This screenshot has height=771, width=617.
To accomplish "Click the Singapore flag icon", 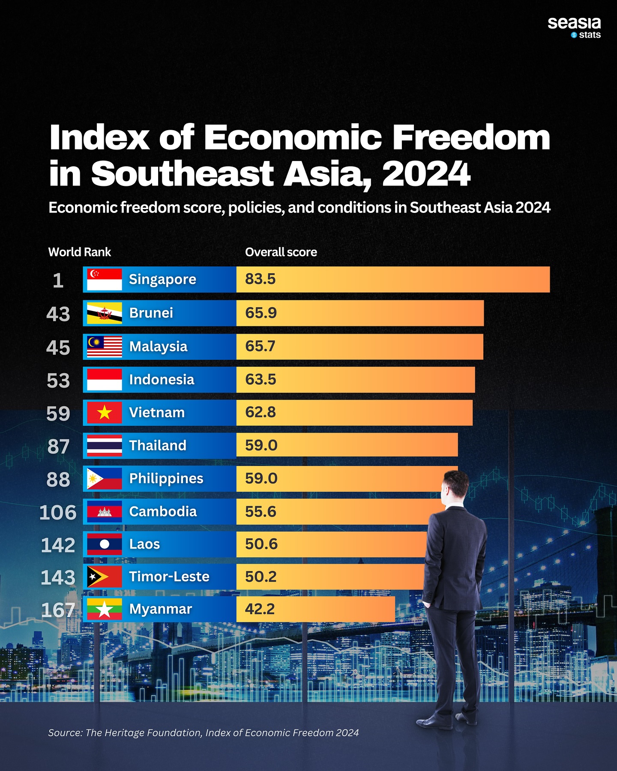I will coord(104,280).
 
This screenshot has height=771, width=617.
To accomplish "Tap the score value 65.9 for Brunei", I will coord(261,313).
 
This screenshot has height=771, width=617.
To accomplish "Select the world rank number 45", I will coord(58,347).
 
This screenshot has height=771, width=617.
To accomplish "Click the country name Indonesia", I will coord(162,380).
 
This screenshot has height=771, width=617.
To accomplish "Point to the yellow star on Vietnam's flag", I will coord(104,413).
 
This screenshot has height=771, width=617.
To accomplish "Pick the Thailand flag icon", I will coord(104,445).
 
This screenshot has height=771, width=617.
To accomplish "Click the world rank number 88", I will coord(58,479).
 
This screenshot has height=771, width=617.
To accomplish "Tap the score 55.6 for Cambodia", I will coord(261,511).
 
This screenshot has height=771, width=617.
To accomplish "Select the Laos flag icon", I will coord(104,544).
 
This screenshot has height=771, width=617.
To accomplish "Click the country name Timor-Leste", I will coord(169,577).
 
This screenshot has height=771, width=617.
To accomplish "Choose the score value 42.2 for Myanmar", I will coord(260,609).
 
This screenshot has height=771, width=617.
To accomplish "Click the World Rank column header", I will coord(79,252).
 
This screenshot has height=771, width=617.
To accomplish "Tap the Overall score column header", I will coord(281,252).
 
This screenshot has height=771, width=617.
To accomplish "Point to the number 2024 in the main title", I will coord(426,174).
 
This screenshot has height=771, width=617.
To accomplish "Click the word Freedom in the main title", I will coord(471,137).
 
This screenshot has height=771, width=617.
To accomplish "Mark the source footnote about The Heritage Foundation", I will coord(203,733).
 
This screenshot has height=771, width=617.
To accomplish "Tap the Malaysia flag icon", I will coord(104,347).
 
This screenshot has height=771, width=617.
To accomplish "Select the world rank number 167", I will coord(58,610).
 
